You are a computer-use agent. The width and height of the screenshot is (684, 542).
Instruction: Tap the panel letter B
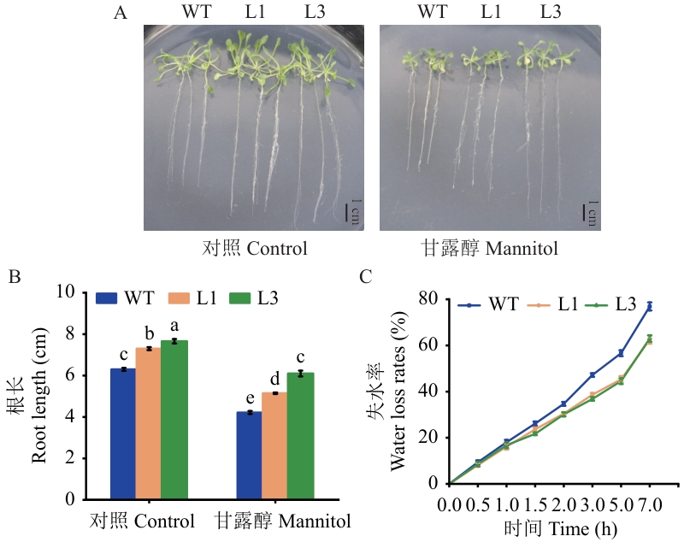(x=14, y=277)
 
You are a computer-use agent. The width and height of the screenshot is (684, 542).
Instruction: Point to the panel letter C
(x=366, y=277)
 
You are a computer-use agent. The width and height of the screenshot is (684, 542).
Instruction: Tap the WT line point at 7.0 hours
(x=650, y=306)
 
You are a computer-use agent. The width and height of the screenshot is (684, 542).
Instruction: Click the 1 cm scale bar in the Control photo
(x=349, y=211)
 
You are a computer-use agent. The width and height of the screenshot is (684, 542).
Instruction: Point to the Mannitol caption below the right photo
(x=489, y=249)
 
